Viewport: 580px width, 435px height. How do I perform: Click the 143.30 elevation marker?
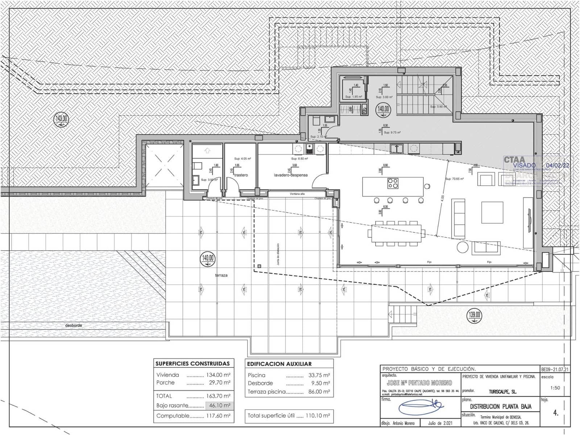61,119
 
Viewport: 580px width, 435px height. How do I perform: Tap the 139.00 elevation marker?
475,315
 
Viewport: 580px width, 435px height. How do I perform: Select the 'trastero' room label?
241,175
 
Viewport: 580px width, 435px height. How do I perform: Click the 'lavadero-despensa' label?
291,175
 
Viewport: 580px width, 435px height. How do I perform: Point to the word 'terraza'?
221,275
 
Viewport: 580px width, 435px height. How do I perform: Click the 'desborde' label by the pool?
73,326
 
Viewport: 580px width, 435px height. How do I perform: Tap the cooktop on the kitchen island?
393,183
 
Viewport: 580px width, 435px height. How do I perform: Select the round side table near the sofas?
462,247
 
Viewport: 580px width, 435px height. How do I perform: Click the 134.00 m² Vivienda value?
218,375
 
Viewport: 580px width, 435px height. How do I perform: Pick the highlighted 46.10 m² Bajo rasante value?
218,406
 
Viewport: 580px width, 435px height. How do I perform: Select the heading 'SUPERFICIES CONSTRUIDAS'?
192,364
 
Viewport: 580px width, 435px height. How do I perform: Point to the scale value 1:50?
555,388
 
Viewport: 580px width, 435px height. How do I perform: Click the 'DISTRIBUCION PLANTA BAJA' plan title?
501,406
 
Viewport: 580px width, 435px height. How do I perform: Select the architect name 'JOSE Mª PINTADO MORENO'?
419,383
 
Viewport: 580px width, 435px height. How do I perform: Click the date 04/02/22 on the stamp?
557,165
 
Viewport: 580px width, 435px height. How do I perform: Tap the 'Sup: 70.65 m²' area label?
454,179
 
